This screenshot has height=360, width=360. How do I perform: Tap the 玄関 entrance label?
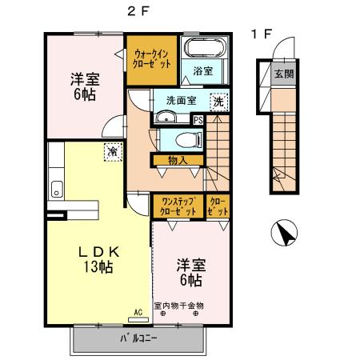click(x=283, y=74)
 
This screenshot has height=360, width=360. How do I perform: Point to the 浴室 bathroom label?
click(x=203, y=71)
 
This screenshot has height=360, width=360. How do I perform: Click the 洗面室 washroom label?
click(x=181, y=101)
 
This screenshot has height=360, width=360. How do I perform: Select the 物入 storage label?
click(x=178, y=160)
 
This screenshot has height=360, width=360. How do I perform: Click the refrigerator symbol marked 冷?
click(x=113, y=150)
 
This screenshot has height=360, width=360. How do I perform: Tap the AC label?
click(x=138, y=311)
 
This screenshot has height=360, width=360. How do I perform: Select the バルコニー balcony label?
click(x=138, y=338)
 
